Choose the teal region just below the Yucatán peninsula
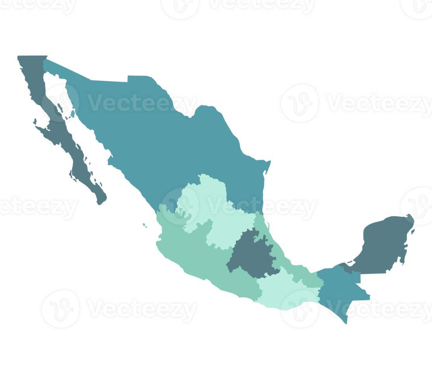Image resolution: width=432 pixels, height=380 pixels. click(x=342, y=287)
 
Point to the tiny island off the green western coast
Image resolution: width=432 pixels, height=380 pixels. click(x=144, y=225)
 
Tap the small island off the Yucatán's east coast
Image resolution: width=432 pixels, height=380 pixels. click(x=413, y=232)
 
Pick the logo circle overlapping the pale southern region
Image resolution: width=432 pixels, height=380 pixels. click(x=299, y=309)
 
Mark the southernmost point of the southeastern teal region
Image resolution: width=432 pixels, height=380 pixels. click(x=346, y=323)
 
